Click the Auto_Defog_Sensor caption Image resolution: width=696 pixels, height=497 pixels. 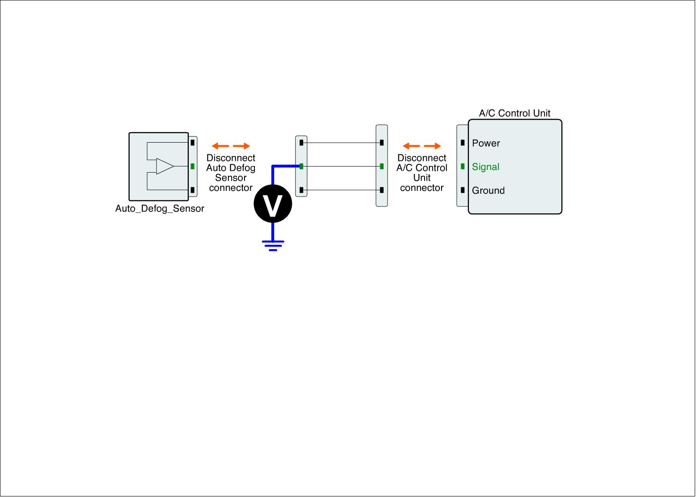160,209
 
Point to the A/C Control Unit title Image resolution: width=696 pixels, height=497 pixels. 515,113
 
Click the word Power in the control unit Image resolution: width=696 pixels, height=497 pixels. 486,143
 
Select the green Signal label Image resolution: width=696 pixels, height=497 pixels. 485,167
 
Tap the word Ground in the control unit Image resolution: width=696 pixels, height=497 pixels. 488,191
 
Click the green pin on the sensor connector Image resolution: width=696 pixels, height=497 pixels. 192,166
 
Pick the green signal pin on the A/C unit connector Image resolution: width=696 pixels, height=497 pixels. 462,167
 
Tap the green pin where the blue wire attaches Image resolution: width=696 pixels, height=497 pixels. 301,167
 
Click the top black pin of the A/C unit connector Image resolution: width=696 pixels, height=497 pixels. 462,143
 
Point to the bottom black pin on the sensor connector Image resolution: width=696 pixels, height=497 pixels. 192,190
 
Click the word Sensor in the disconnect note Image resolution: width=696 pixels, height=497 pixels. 231,178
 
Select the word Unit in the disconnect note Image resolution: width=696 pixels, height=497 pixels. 422,178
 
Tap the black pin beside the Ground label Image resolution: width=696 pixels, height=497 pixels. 462,190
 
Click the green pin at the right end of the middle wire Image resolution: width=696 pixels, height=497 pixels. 381,167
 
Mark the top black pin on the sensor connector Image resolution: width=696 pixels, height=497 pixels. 192,142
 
